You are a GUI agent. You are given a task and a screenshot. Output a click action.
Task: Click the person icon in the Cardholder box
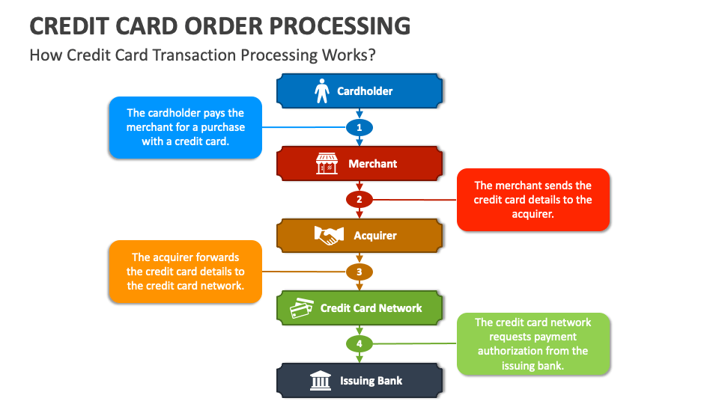321,91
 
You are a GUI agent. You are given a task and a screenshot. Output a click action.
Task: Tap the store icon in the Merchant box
325,163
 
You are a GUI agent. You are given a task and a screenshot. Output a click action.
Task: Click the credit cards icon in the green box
302,308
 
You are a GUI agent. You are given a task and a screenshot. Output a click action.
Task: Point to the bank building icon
321,381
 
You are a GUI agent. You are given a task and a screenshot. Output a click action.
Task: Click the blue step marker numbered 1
359,128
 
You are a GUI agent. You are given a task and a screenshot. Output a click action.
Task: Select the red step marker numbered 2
359,200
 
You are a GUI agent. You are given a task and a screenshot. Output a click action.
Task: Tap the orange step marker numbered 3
359,272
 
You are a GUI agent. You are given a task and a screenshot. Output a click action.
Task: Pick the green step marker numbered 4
359,344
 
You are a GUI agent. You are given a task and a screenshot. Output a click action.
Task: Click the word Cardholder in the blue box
365,91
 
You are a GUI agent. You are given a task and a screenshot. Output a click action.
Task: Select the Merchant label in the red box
372,164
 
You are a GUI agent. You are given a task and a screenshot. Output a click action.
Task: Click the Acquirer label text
375,236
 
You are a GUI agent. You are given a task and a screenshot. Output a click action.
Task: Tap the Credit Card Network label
371,308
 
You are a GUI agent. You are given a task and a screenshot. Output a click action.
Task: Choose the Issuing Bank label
371,381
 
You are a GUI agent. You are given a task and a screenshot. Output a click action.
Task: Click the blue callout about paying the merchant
185,127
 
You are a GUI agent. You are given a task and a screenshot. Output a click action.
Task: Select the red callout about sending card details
533,200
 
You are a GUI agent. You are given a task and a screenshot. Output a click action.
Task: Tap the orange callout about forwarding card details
185,272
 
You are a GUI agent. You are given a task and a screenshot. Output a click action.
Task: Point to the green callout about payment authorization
533,344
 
